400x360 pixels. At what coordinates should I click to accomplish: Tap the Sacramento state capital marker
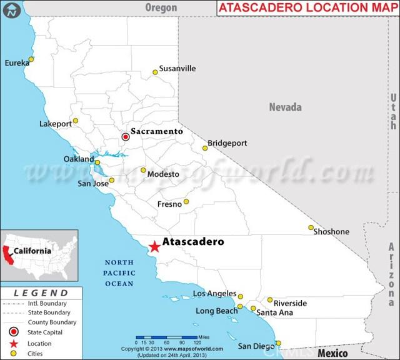pos(125,136)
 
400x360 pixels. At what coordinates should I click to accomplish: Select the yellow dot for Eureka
pos(31,59)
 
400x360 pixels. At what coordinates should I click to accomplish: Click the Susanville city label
pos(177,68)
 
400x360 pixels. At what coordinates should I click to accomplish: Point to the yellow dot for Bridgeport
pos(204,147)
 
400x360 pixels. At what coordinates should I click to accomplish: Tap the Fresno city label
pos(169,204)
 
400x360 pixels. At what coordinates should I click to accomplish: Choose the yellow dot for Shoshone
pos(311,227)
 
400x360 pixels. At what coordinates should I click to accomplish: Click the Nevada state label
pos(285,107)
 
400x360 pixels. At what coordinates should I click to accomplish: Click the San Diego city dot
pos(278,342)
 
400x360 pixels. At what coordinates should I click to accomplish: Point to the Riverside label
pos(291,303)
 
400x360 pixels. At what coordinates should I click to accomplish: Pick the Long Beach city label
pos(216,311)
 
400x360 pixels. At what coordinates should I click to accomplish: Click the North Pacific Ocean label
pos(119,273)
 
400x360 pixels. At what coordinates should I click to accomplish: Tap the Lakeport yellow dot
pos(76,121)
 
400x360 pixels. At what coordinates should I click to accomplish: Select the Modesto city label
pos(163,174)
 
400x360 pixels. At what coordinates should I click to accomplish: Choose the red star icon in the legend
pos(13,343)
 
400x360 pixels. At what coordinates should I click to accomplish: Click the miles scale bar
pos(167,337)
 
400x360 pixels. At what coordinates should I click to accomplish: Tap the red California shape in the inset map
pos(8,254)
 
